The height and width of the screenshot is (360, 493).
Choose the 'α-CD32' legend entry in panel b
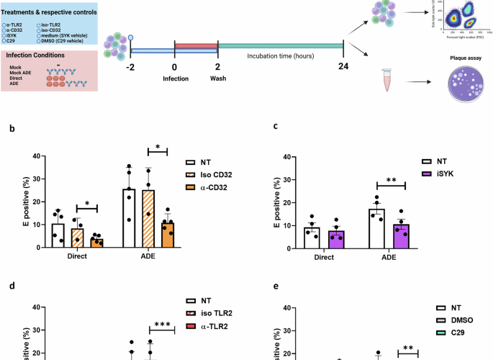coord(214,189)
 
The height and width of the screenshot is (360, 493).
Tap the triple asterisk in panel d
coord(162,325)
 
